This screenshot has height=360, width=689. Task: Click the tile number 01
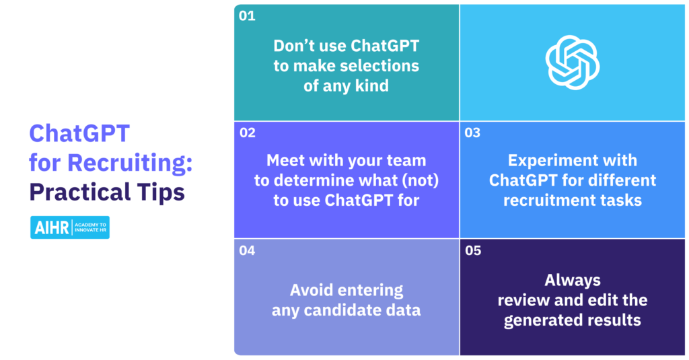pos(247,16)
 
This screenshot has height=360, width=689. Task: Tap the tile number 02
pos(248,133)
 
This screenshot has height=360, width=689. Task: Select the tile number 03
pos(472,133)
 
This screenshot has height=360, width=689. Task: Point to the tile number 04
pos(247,250)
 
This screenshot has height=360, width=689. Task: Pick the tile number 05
pos(473,250)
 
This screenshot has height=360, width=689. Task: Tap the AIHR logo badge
pos(70,227)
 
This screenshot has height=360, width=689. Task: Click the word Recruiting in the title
pos(130,163)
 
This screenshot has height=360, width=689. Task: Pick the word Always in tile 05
pos(573,281)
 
